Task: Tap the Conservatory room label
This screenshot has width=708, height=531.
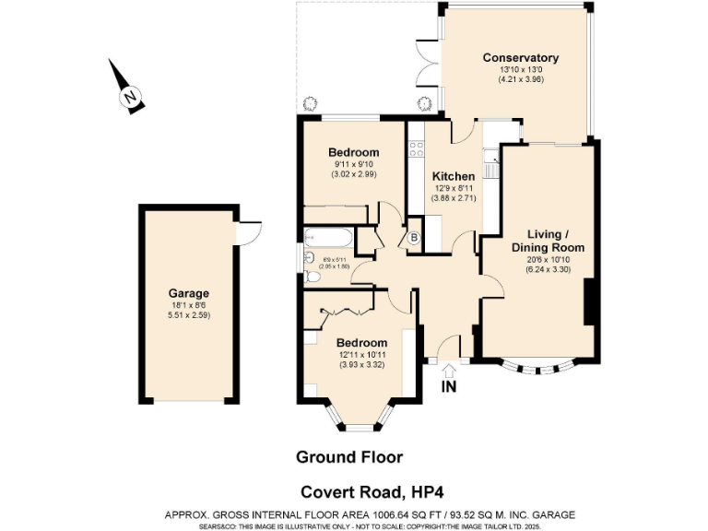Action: [521, 58]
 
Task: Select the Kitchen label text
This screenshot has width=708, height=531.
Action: [454, 176]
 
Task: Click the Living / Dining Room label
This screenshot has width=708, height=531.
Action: [548, 241]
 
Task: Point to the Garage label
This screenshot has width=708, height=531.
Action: [188, 294]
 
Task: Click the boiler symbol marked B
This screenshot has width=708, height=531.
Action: [415, 237]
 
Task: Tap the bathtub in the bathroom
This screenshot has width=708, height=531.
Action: [327, 238]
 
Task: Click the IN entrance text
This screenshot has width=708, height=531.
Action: [449, 386]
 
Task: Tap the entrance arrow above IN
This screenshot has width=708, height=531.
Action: [449, 370]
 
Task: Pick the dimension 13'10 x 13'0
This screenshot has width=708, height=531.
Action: [521, 70]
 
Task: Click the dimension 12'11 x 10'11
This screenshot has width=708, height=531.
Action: [361, 354]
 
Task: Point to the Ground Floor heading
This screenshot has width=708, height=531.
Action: [348, 456]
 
